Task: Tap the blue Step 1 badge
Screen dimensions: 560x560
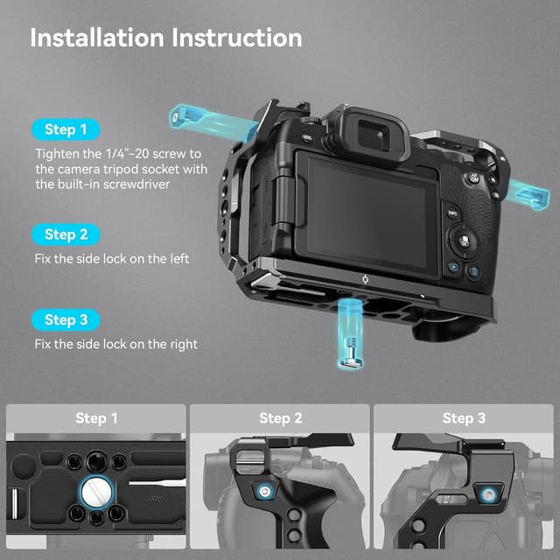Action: click(66, 129)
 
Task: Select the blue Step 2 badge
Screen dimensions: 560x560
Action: click(66, 234)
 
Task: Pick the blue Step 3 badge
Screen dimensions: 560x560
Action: click(66, 319)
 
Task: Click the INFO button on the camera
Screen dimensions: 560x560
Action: click(453, 213)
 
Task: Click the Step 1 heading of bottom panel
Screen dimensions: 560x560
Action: click(96, 418)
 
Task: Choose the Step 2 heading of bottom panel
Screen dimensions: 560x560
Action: click(280, 418)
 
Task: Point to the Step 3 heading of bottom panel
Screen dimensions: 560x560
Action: click(464, 418)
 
